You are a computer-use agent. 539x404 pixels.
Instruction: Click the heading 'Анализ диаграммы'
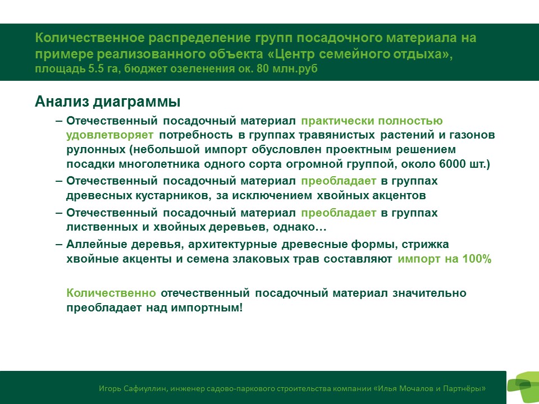tap(108, 102)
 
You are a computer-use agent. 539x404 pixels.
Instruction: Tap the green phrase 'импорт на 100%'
tap(445, 259)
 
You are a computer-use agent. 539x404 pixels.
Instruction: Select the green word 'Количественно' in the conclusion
tap(111, 293)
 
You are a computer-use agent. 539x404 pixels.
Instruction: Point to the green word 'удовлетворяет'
tap(110, 135)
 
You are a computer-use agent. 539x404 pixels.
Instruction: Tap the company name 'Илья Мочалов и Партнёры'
tap(430, 388)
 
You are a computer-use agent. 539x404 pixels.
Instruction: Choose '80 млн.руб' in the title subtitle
tap(287, 68)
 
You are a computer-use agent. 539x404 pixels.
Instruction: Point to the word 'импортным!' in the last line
tap(207, 307)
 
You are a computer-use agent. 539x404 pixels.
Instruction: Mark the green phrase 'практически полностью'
tap(372, 121)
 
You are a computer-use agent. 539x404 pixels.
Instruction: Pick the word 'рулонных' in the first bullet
tap(96, 150)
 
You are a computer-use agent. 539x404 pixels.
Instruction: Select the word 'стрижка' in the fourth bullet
tap(425, 244)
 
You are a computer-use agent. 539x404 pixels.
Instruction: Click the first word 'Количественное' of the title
tap(90, 38)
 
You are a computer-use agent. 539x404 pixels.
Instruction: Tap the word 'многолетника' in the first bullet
tap(159, 164)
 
